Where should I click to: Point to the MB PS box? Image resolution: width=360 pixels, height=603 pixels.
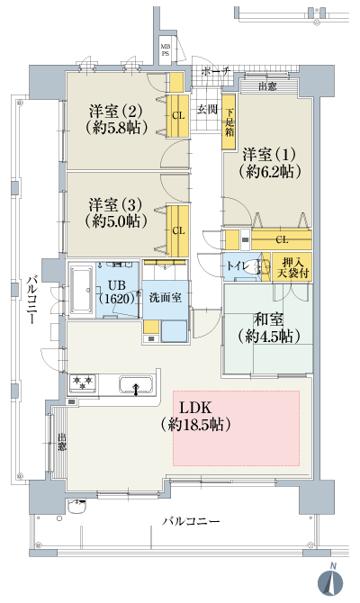point(165,49)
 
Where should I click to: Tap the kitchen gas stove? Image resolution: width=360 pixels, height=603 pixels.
point(83,384)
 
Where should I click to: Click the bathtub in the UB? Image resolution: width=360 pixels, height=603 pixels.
point(85,289)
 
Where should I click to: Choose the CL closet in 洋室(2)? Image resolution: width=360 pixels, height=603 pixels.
point(178,115)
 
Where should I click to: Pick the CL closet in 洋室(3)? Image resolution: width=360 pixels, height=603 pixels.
point(178,230)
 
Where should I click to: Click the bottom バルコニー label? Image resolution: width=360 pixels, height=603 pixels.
point(191,522)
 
